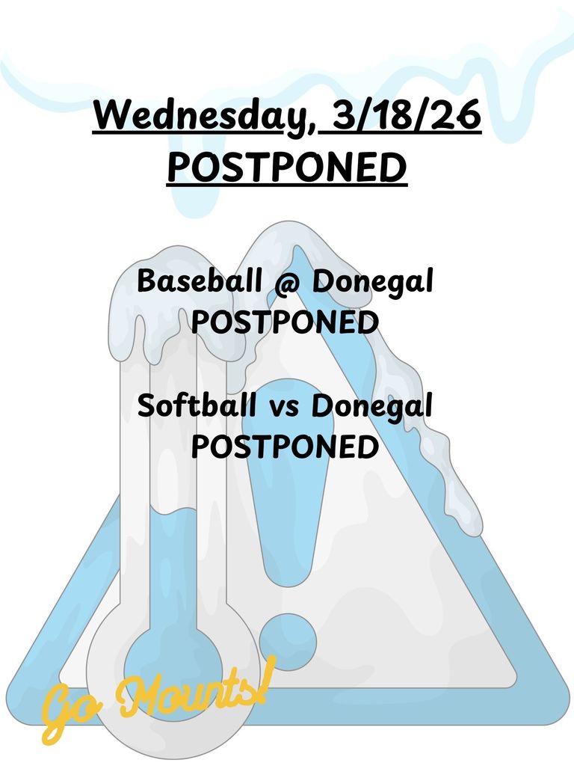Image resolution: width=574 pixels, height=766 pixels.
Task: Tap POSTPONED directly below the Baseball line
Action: (x=284, y=323)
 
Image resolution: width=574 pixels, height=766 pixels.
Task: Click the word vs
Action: (x=284, y=408)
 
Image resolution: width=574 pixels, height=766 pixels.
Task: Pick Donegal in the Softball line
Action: (x=373, y=408)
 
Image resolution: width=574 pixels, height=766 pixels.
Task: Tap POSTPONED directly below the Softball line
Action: (x=284, y=447)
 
